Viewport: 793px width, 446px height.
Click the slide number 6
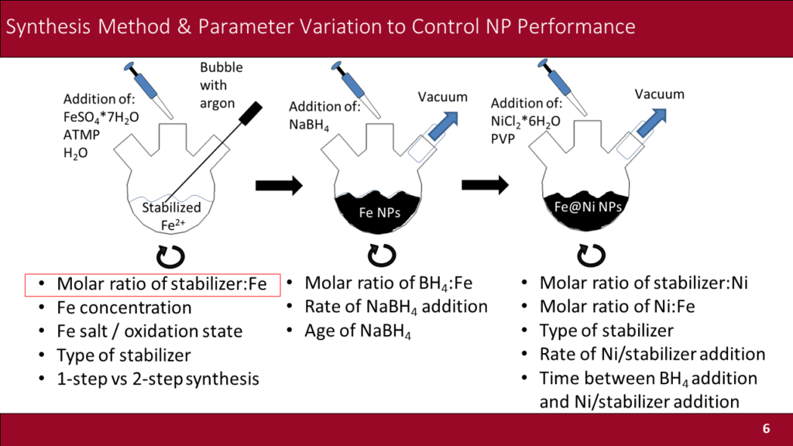pos(766,429)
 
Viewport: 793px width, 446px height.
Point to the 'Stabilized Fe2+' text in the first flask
pos(171,214)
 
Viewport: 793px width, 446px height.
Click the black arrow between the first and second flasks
pos(278,185)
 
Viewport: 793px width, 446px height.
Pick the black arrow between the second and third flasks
pos(485,185)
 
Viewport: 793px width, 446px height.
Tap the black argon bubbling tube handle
pos(249,113)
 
